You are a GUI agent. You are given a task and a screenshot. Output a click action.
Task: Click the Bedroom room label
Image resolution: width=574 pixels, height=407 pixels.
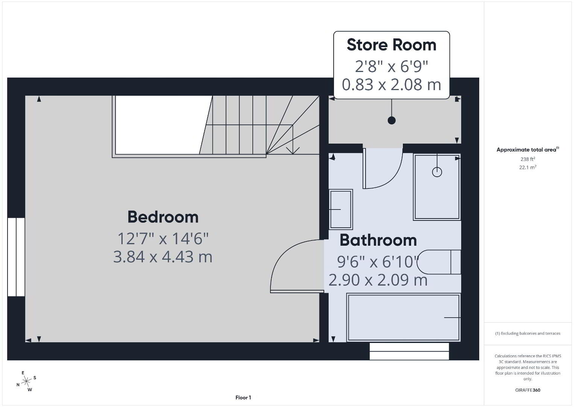point(163,217)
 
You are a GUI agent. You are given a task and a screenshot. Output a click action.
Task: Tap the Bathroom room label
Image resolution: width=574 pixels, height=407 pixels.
point(378,240)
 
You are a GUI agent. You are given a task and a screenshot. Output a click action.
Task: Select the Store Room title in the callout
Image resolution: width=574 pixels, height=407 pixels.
point(391,45)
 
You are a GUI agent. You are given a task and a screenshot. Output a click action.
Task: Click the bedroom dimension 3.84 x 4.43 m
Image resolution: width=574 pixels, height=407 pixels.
point(163,257)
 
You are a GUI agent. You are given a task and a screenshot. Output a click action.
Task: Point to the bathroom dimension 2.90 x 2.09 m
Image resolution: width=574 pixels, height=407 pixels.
point(378,280)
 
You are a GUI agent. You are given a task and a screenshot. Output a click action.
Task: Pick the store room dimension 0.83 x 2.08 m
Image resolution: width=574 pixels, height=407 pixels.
point(391,84)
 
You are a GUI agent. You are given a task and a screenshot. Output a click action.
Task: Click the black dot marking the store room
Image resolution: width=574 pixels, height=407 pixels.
point(392,120)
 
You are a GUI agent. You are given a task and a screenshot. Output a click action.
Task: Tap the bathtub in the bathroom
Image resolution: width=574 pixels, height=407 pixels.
point(404,318)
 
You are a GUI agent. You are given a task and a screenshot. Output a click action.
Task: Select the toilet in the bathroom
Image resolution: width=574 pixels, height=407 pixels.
point(439,262)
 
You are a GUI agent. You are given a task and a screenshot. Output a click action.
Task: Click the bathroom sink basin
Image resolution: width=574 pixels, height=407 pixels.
point(340,209)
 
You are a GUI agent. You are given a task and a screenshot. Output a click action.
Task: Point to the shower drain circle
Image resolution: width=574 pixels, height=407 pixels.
point(437,172)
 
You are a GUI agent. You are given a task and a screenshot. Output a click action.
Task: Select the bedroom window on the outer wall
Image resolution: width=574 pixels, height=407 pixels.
point(16,257)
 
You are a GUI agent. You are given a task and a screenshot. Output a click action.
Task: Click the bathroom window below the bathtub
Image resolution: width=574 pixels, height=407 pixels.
point(409,351)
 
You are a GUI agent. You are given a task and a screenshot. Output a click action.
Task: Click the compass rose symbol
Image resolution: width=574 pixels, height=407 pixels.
point(26,381)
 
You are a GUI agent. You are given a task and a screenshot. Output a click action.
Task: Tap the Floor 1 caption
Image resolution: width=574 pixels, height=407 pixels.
point(243,398)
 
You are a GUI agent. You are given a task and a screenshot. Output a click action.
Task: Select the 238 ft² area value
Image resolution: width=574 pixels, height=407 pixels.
point(528,159)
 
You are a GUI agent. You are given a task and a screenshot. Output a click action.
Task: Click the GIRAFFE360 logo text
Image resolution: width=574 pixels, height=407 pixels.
point(528,390)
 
